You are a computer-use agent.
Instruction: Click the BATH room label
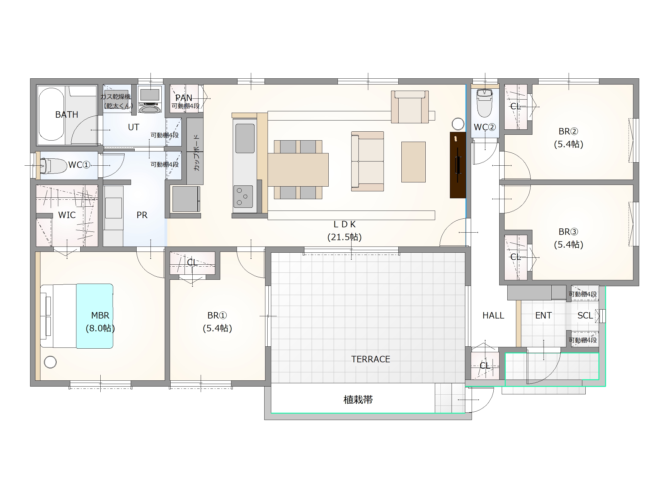[67, 115]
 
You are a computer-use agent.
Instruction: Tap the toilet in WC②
[484, 103]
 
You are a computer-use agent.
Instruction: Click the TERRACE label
[370, 359]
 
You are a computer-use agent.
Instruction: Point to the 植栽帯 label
[358, 400]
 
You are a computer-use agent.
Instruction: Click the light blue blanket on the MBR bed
[95, 316]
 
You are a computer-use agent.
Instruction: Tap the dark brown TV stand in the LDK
[458, 165]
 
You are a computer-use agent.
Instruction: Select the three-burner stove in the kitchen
[243, 197]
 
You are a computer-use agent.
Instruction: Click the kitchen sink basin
[245, 138]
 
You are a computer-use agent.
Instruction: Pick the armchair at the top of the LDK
[410, 107]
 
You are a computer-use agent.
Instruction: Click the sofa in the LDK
[367, 161]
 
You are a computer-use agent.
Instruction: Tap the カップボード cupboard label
[197, 153]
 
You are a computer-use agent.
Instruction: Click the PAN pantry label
[184, 98]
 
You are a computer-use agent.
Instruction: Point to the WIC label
[67, 215]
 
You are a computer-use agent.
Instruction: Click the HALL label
[493, 316]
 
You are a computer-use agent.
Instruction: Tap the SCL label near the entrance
[585, 316]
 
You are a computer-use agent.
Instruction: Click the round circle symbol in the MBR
[50, 362]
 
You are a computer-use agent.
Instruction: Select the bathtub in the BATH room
[51, 114]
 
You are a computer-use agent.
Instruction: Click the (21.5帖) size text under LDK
[345, 237]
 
